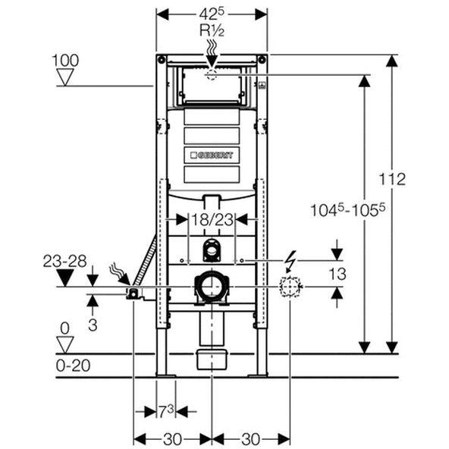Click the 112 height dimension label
tap(392, 179)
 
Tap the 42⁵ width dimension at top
tap(212, 14)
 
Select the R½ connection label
tap(212, 30)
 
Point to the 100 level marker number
tap(65, 61)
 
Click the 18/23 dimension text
tap(212, 220)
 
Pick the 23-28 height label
tap(64, 261)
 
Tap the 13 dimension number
tap(338, 274)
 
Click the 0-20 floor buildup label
tap(73, 366)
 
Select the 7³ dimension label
tap(166, 412)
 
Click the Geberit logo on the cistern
tap(212, 155)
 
